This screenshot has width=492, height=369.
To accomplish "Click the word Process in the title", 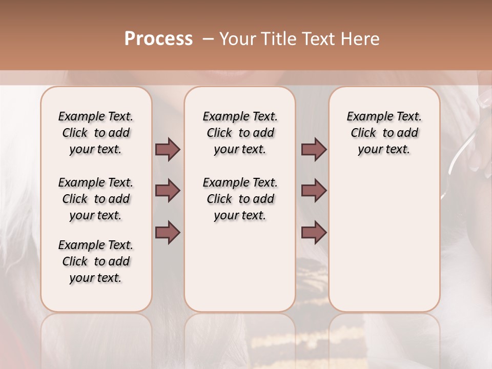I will tap(158, 39).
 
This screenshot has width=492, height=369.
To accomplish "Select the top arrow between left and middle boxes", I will tap(168, 149).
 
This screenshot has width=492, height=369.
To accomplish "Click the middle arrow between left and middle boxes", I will tap(168, 191).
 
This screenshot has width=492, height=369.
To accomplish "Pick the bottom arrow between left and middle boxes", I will tap(168, 232).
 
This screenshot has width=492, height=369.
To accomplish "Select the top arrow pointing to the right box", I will tap(314, 149).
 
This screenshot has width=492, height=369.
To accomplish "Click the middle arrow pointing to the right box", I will tap(314, 191).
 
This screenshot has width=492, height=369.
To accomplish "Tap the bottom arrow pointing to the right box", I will tap(314, 232).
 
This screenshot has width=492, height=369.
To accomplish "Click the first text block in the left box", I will tap(96, 133).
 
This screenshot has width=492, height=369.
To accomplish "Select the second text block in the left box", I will tap(96, 199).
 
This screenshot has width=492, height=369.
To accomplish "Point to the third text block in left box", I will tap(96, 261).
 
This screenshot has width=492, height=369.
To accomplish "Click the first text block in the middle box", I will tap(240, 133).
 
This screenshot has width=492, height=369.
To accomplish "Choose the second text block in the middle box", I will tap(240, 199).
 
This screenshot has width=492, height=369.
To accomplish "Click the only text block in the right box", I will tap(384, 133).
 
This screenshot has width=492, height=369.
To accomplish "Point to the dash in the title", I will tap(208, 39).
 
